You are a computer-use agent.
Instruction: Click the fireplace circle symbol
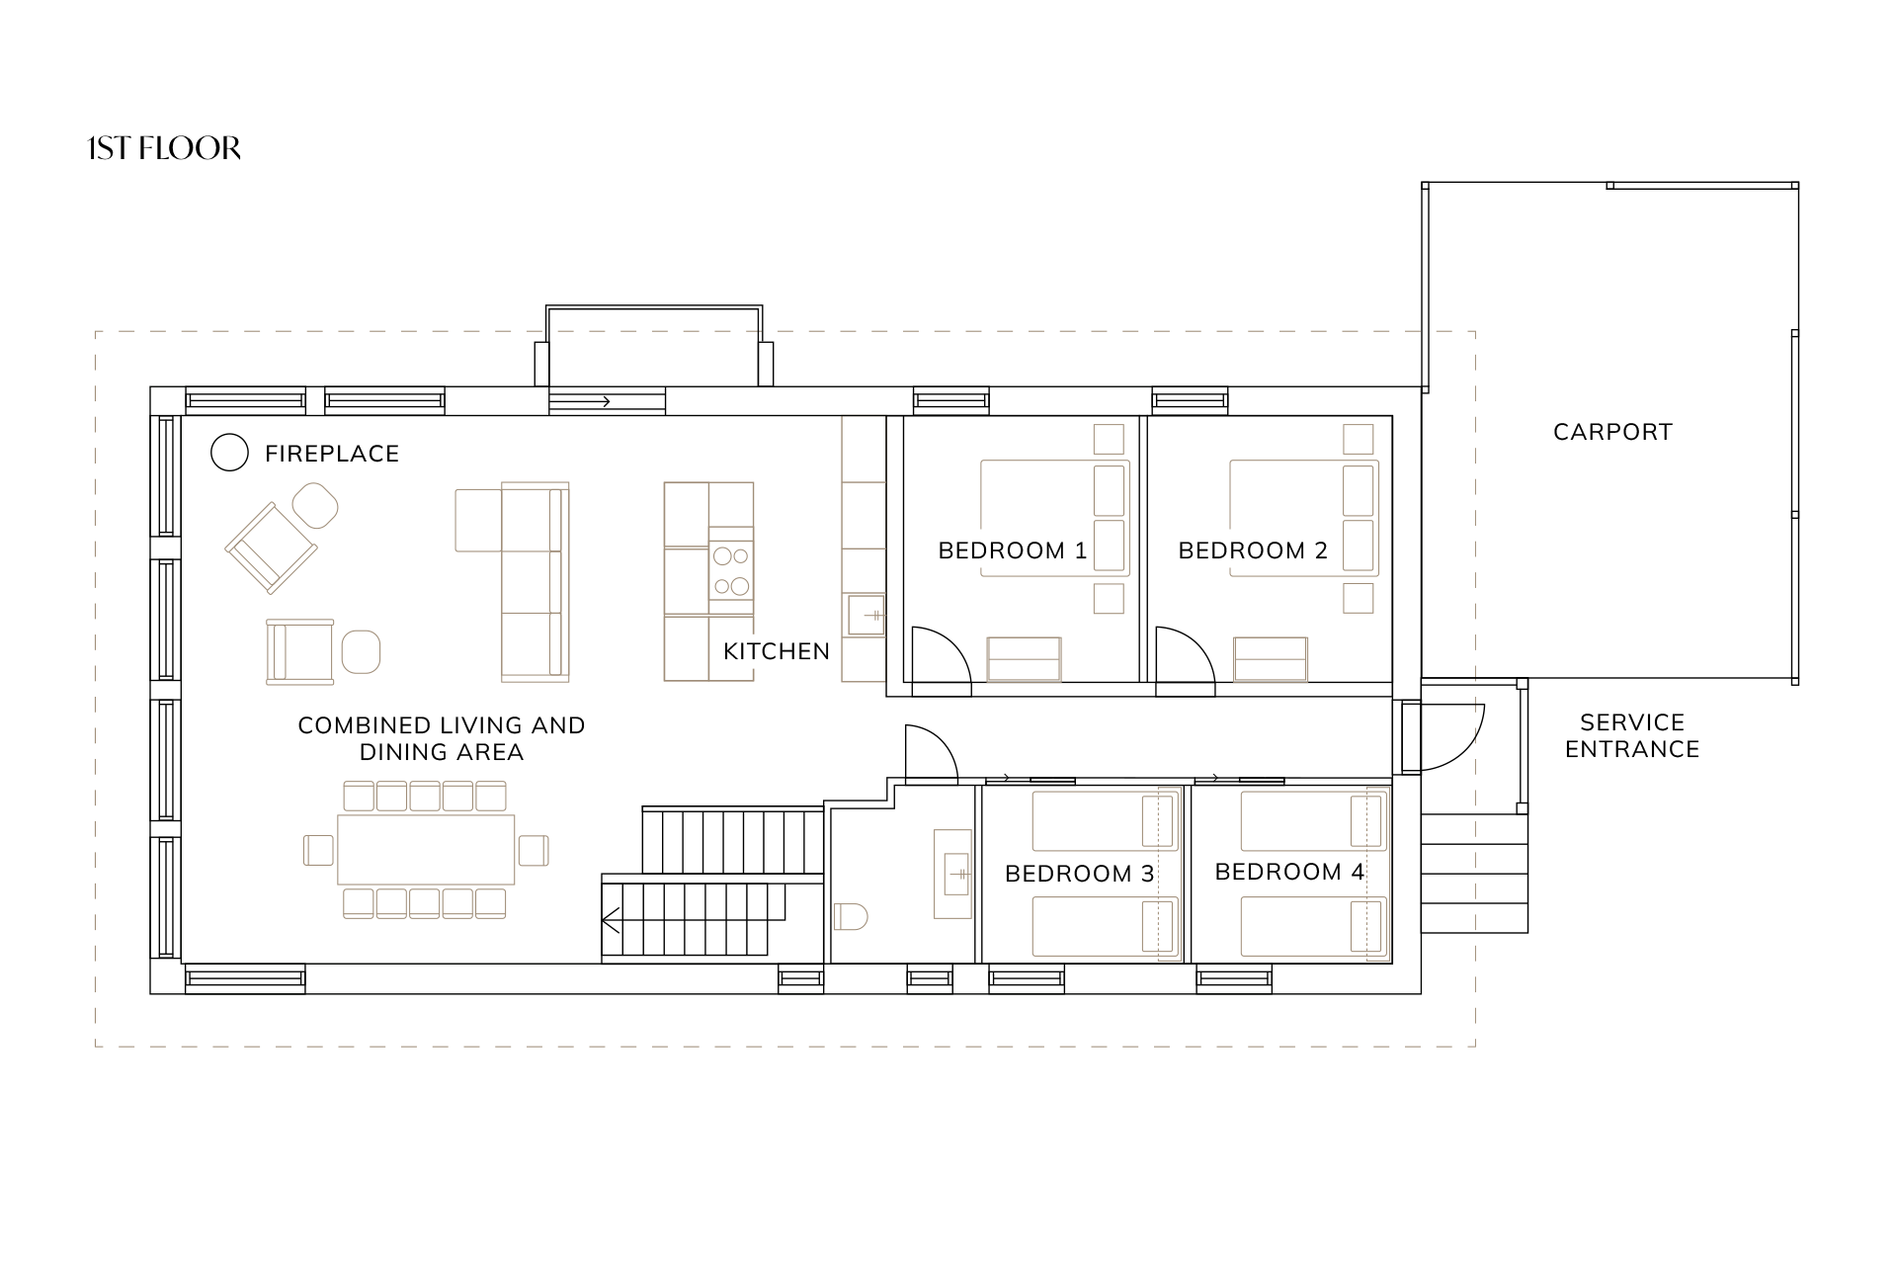pos(229,453)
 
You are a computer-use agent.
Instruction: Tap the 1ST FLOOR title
pos(164,148)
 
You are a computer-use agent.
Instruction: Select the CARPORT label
pos(1612,432)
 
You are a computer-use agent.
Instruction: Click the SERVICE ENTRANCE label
pos(1632,735)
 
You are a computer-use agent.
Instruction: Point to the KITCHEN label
pos(777,651)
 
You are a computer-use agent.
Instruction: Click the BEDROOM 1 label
pos(1013,550)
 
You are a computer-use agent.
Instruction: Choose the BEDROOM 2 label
pos(1253,550)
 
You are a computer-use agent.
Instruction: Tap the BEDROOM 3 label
pos(1080,874)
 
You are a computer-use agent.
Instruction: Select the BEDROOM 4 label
pos(1289,872)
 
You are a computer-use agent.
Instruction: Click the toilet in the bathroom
pos(851,917)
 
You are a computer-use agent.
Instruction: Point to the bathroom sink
pos(953,874)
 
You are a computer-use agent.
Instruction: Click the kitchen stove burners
pos(731,571)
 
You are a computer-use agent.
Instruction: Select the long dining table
pos(426,849)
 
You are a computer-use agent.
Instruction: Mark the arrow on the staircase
pos(611,921)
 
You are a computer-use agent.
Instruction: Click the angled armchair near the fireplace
pos(272,548)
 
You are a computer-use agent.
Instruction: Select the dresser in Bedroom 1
pos(1024,659)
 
